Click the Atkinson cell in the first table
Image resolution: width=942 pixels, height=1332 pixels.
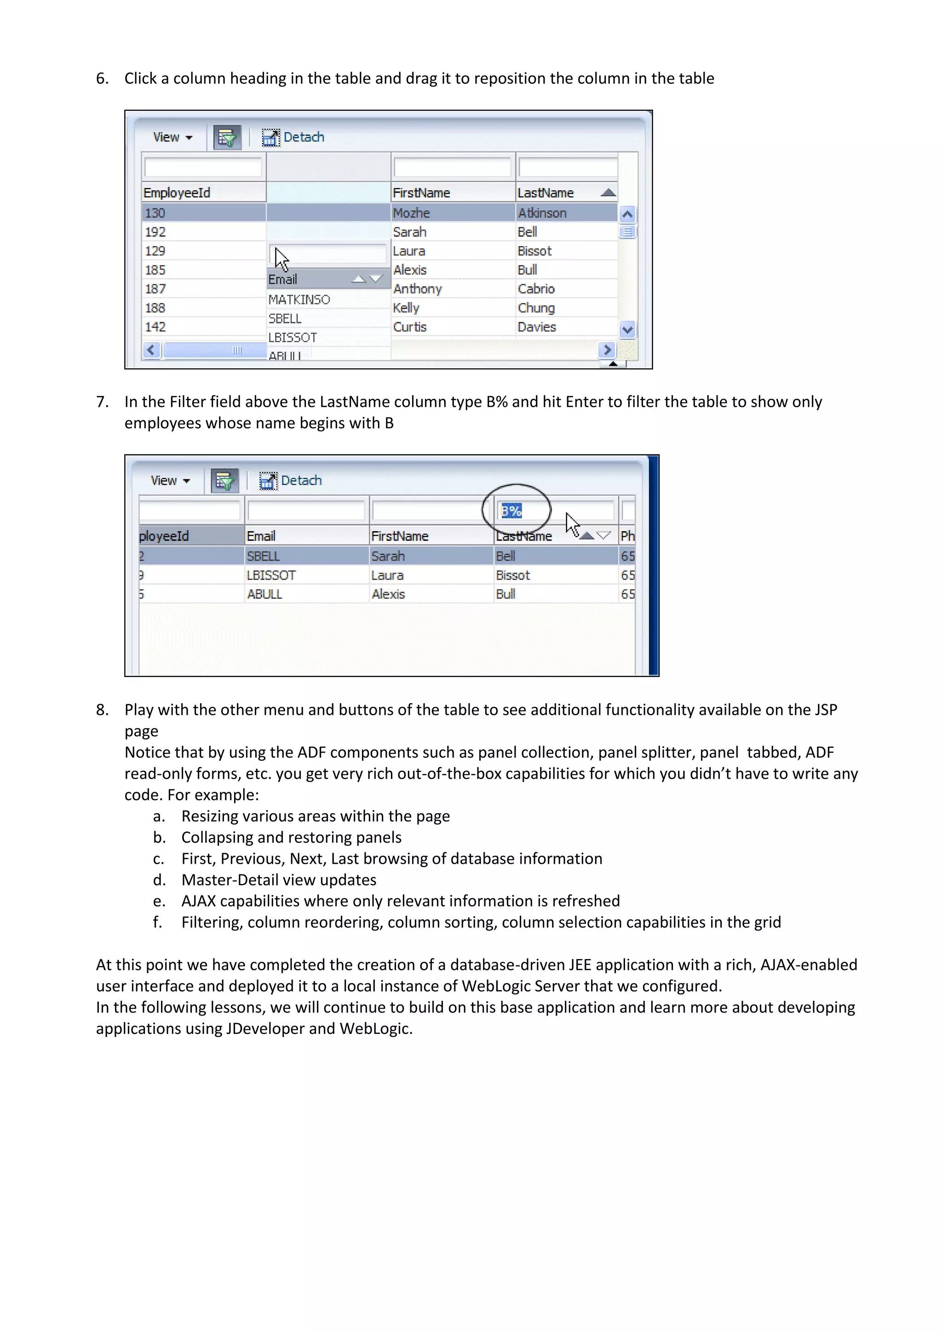click(x=542, y=213)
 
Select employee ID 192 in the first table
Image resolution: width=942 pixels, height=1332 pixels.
click(x=155, y=232)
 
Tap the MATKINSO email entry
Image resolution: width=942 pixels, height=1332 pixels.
click(x=299, y=299)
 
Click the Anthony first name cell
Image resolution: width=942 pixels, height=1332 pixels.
click(x=417, y=289)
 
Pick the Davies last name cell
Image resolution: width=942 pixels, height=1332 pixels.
click(x=537, y=327)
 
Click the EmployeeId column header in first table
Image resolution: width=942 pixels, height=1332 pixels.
click(x=177, y=193)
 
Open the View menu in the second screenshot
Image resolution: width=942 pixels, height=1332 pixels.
click(x=169, y=480)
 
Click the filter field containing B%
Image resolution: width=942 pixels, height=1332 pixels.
click(x=554, y=511)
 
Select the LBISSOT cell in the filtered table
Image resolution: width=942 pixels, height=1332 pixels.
click(x=271, y=575)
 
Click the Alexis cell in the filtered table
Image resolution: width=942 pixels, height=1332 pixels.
click(x=388, y=594)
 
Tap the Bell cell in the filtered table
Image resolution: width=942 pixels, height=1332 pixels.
click(x=505, y=556)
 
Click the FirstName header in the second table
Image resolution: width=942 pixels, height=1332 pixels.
click(x=400, y=536)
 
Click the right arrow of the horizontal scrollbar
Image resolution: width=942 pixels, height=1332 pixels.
click(x=607, y=350)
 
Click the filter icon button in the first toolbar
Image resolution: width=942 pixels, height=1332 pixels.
click(x=227, y=138)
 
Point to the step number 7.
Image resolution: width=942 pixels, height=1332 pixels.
click(x=102, y=402)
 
